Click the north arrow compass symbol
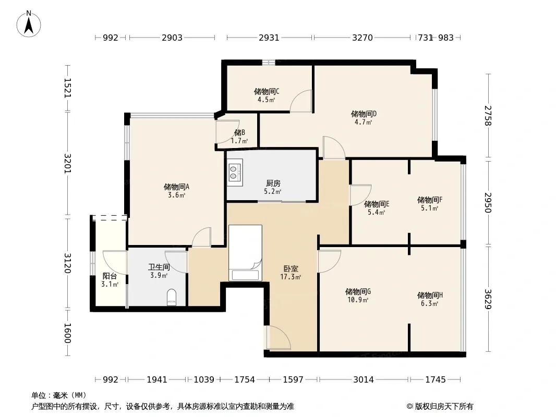(29, 24)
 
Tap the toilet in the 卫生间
(172, 297)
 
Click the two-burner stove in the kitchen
(235, 172)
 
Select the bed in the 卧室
(245, 253)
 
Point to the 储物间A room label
(177, 187)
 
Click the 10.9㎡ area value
(358, 300)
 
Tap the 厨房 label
(273, 183)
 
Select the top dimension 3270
(362, 38)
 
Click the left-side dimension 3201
(67, 163)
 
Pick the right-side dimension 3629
(488, 299)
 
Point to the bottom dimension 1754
(245, 380)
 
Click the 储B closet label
(240, 132)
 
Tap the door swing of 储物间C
(301, 101)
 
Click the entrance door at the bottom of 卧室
(279, 338)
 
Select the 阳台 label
(110, 276)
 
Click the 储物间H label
(430, 295)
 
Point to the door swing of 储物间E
(360, 195)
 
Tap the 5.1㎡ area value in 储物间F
(429, 208)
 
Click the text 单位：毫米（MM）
(59, 396)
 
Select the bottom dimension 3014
(364, 380)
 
